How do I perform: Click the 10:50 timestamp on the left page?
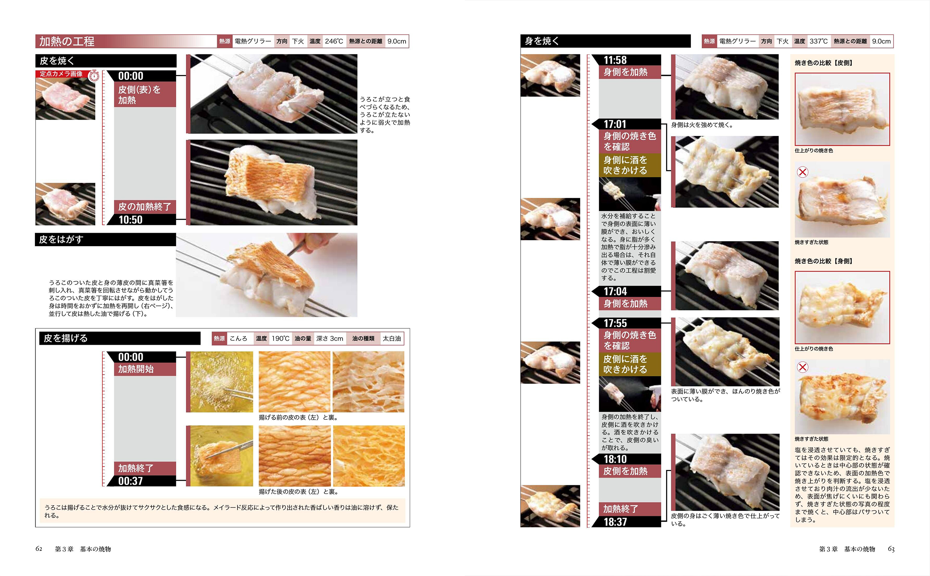[130, 220]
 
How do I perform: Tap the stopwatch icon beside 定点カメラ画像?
[94, 76]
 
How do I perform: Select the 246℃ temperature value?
[334, 41]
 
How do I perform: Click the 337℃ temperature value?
[818, 41]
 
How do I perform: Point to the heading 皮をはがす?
[61, 239]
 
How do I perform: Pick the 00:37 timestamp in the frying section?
[130, 481]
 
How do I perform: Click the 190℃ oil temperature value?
[280, 338]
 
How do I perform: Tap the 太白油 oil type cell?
[392, 338]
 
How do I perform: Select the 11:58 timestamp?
[615, 60]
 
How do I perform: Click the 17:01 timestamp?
[615, 124]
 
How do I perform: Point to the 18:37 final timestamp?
[615, 522]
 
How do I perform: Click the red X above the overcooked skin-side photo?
[803, 172]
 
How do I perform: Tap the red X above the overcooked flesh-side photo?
[803, 367]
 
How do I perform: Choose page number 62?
[39, 549]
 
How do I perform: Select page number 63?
[891, 549]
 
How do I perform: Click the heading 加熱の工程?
[67, 41]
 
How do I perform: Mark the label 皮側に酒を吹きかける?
[625, 364]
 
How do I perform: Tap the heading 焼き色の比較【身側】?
[823, 261]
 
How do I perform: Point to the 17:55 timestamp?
[615, 323]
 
